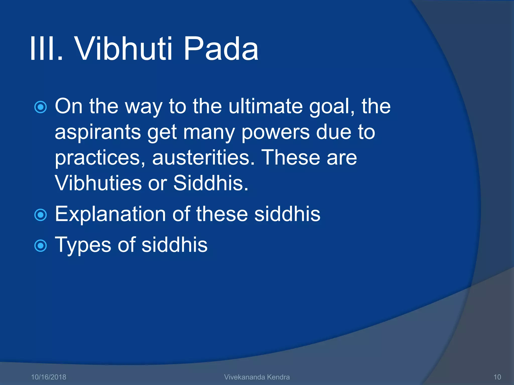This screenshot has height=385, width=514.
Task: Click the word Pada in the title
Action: pos(221,49)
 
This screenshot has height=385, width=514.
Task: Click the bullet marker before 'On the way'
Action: pos(40,107)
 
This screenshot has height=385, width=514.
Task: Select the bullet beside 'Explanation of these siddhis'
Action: pos(40,215)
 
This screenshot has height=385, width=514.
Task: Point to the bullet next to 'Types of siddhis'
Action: pos(40,246)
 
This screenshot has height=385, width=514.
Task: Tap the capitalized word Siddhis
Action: pos(210,183)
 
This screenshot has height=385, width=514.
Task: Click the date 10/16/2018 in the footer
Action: pos(48,377)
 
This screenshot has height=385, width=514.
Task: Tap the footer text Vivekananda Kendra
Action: pos(257,377)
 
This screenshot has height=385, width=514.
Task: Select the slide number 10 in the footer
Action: pos(497,377)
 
